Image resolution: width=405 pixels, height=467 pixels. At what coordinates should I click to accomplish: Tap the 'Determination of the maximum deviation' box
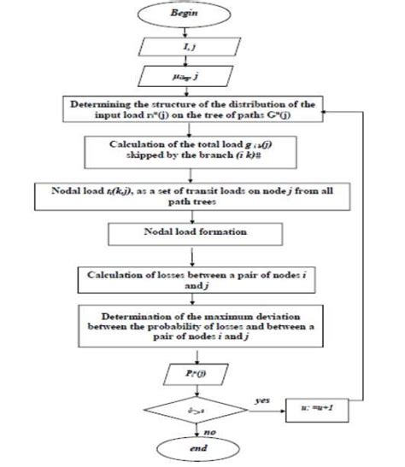click(x=186, y=328)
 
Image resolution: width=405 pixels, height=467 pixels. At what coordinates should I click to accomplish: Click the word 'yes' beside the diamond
click(x=261, y=398)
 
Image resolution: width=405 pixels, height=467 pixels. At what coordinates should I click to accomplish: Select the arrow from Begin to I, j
click(x=184, y=34)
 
